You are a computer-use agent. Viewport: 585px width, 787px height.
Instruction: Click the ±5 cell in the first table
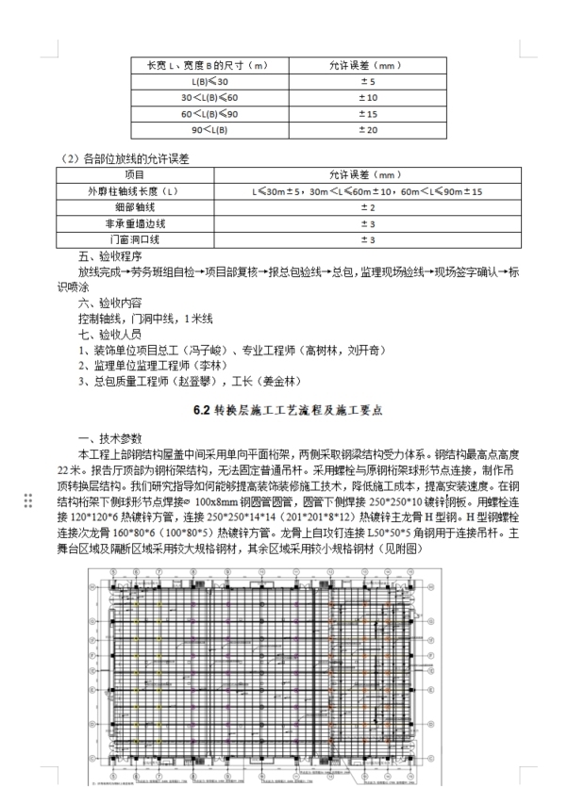click(367, 82)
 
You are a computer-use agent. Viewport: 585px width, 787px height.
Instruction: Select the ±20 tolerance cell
click(367, 129)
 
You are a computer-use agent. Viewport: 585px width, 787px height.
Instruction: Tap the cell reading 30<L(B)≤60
click(209, 98)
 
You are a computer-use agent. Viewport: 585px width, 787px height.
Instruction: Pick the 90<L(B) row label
click(209, 129)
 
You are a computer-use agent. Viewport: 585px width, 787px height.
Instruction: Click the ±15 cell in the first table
click(367, 113)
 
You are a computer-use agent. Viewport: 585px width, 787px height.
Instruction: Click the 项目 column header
click(135, 175)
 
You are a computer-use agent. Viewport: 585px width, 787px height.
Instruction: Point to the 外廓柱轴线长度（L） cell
click(135, 191)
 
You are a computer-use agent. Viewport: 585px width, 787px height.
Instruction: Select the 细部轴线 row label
click(135, 207)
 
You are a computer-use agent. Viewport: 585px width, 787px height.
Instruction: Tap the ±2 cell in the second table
click(367, 207)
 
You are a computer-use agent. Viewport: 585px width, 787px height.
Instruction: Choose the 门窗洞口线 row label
click(135, 239)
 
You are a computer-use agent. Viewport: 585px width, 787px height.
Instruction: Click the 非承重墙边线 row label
click(135, 223)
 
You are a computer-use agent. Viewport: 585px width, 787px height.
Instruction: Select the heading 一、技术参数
click(109, 438)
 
